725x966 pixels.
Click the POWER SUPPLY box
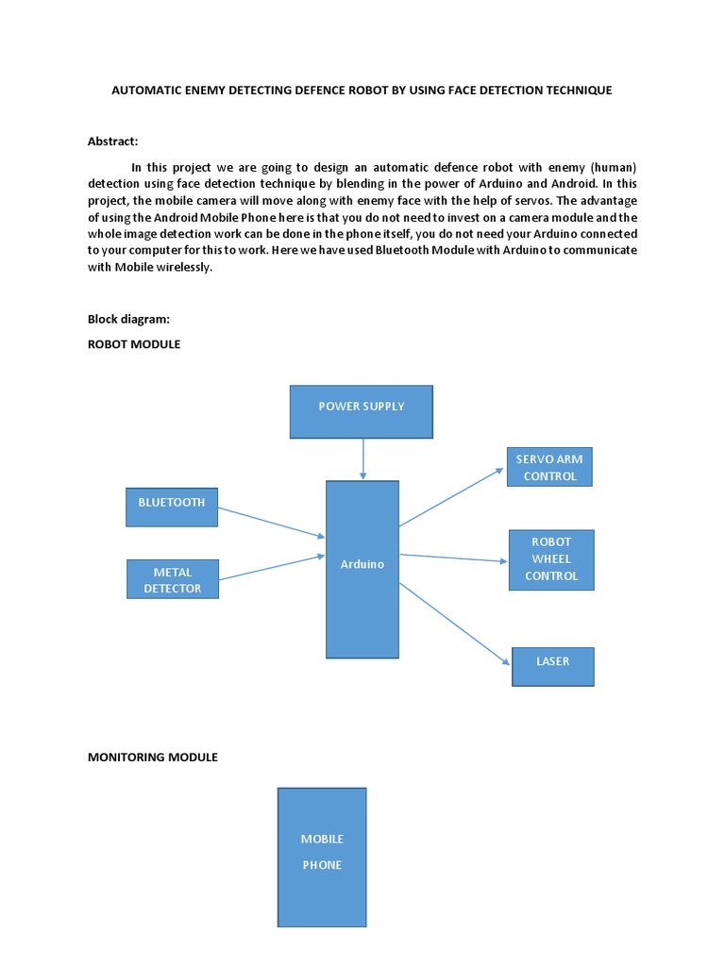pyautogui.click(x=361, y=411)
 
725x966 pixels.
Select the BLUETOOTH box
pyautogui.click(x=172, y=507)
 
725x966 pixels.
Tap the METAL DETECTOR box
pyautogui.click(x=173, y=579)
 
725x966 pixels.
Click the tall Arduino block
pyautogui.click(x=362, y=569)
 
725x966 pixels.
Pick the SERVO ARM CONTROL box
pyautogui.click(x=549, y=467)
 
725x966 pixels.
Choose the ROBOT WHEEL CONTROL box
pyautogui.click(x=551, y=559)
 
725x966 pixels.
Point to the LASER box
pyautogui.click(x=552, y=666)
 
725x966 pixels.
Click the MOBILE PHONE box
pyautogui.click(x=322, y=857)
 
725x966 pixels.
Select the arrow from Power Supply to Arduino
pyautogui.click(x=362, y=459)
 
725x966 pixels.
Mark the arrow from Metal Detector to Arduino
pyautogui.click(x=272, y=568)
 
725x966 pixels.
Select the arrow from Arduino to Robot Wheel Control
pyautogui.click(x=453, y=558)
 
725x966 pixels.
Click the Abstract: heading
pyautogui.click(x=113, y=142)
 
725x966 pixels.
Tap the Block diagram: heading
pyautogui.click(x=128, y=319)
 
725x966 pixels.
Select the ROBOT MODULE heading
pyautogui.click(x=134, y=344)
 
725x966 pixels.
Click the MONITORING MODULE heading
pyautogui.click(x=153, y=757)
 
